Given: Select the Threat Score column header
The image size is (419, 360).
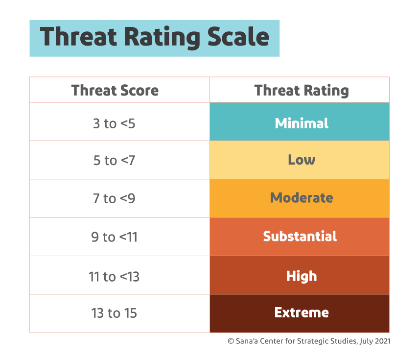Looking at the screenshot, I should click(115, 91).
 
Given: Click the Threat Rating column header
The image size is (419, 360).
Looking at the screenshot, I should click(302, 91).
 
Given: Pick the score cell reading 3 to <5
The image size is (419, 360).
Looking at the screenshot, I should click(114, 123).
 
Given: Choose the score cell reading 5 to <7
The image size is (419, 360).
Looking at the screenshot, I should click(114, 161).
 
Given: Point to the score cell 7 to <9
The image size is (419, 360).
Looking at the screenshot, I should click(114, 199).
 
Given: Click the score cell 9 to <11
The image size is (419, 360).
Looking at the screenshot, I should click(114, 238).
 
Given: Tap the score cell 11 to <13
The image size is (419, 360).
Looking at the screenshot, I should click(114, 277).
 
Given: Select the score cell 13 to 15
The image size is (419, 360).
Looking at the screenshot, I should click(114, 313).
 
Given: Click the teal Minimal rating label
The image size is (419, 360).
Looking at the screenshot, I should click(302, 123).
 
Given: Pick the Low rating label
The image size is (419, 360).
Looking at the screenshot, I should click(302, 160).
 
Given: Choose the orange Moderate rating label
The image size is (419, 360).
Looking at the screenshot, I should click(302, 198).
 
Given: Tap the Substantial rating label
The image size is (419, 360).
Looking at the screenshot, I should click(300, 237).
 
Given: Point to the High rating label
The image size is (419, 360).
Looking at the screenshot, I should click(302, 276).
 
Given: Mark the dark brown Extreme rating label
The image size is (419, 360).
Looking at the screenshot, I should click(302, 312).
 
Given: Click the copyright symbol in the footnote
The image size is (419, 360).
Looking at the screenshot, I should click(231, 341).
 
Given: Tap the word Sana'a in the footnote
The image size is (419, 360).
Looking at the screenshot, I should click(248, 341).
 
